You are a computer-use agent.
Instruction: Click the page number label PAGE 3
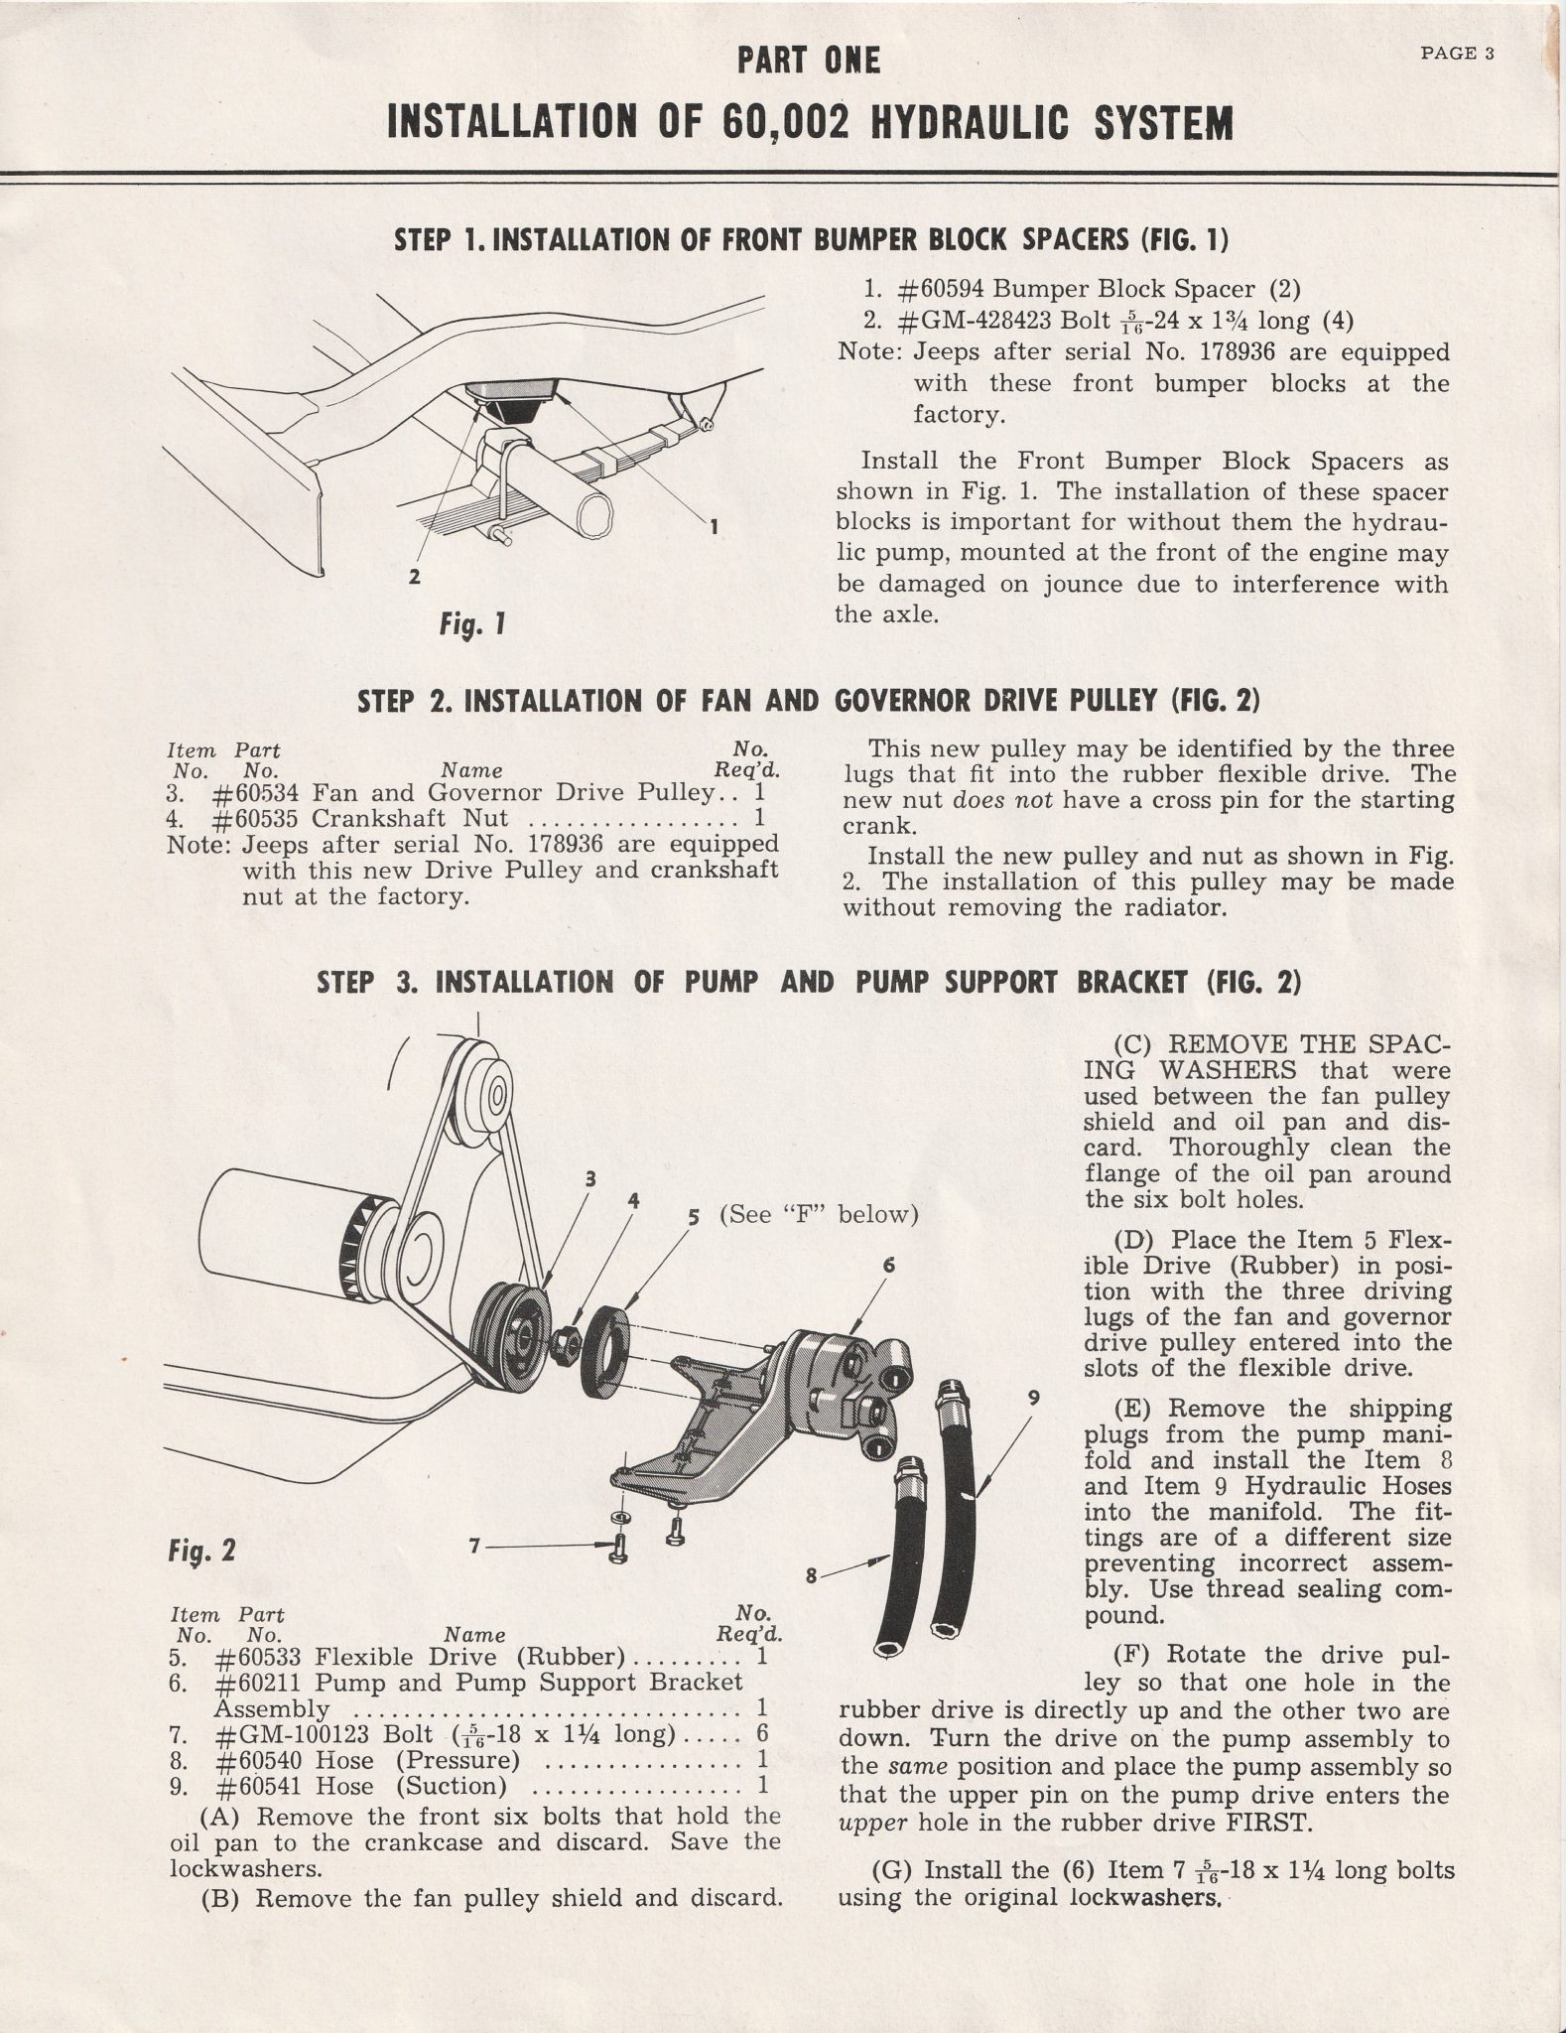pyautogui.click(x=1457, y=55)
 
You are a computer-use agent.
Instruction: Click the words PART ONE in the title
pyautogui.click(x=808, y=62)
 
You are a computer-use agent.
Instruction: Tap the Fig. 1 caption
pyautogui.click(x=474, y=624)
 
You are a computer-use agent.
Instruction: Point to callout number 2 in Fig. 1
pyautogui.click(x=414, y=576)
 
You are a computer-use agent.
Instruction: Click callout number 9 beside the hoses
pyautogui.click(x=1033, y=1397)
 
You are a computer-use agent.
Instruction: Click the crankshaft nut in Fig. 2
pyautogui.click(x=567, y=1344)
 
